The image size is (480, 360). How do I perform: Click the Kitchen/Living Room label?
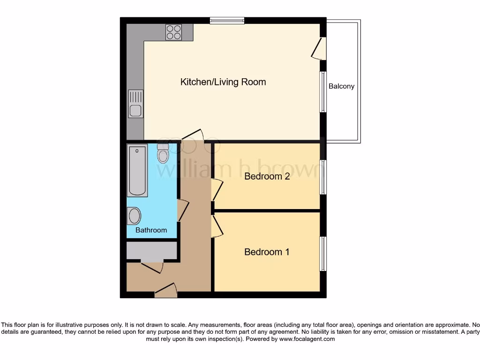coord(223,82)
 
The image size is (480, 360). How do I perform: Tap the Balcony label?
coord(341,86)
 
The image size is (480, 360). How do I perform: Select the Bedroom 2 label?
coord(267,176)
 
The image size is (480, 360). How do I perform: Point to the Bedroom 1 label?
coord(267,252)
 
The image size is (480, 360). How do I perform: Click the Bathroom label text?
coord(151,230)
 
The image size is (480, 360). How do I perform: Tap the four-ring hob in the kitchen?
coord(173,32)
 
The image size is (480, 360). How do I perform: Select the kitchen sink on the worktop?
coord(135,104)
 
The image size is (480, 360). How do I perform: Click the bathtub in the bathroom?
coord(137,170)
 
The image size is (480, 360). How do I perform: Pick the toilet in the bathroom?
coord(163,153)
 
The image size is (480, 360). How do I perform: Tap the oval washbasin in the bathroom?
coord(134,216)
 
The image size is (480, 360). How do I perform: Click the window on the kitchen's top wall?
coord(227,20)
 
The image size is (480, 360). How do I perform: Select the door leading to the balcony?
coord(319,48)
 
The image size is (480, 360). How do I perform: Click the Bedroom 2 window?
coord(323,177)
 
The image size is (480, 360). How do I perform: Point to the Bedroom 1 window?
coord(323,254)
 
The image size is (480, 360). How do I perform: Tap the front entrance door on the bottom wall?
coord(166,291)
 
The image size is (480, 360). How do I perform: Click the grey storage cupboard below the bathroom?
coord(151,251)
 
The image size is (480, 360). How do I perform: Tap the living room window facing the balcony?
coord(323,92)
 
